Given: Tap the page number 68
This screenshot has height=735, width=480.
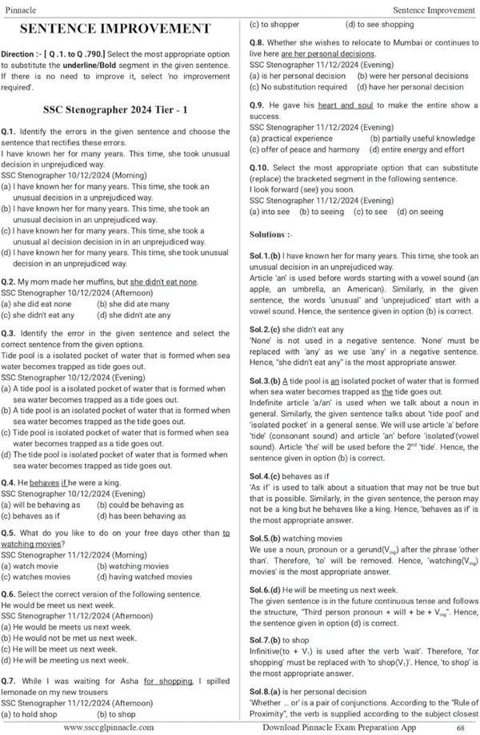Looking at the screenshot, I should pos(461,728).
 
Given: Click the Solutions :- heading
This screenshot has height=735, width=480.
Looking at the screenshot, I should pos(272,235).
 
